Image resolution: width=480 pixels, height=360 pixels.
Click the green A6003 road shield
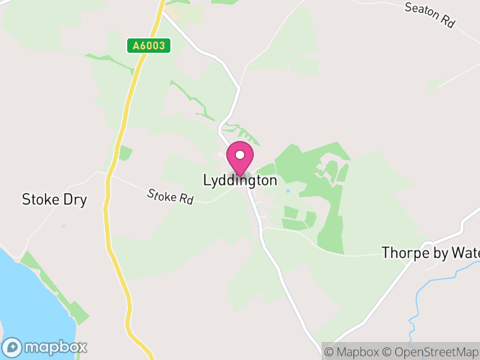(x=149, y=46)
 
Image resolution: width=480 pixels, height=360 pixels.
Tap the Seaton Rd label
(x=430, y=16)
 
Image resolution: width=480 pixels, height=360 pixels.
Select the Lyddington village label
(x=240, y=181)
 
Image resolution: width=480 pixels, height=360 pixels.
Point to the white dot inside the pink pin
(x=240, y=155)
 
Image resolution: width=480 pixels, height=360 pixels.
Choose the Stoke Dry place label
(x=54, y=200)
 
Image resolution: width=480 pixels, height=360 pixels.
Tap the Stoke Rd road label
(x=170, y=196)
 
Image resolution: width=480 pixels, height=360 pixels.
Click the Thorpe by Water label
(x=430, y=253)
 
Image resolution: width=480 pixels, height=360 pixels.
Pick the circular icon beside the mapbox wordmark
(x=13, y=347)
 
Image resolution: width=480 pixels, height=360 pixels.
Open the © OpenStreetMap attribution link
(x=431, y=352)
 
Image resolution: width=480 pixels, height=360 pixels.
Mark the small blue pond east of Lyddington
(x=289, y=191)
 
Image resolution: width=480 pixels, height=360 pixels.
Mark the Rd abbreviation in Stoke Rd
(x=185, y=200)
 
